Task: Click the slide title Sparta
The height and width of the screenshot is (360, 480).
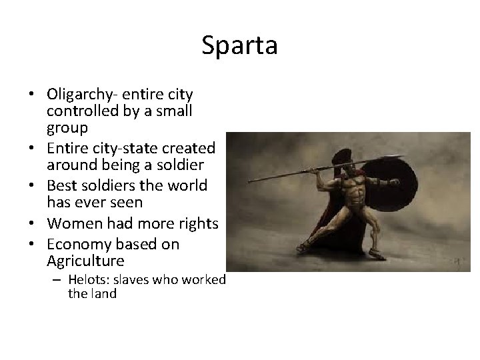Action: coord(239,46)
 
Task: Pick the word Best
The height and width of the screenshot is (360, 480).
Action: coord(61,185)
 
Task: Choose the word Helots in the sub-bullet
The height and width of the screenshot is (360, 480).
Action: coord(84,280)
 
